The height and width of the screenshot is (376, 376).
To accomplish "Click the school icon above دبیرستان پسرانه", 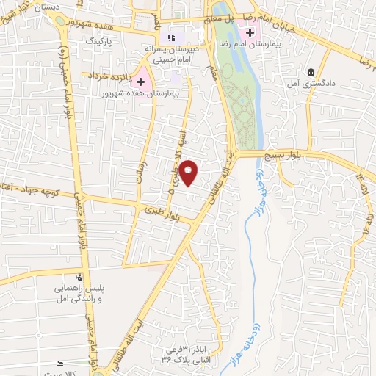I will click(171, 37).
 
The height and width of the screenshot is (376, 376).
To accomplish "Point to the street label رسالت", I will click(134, 173).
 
